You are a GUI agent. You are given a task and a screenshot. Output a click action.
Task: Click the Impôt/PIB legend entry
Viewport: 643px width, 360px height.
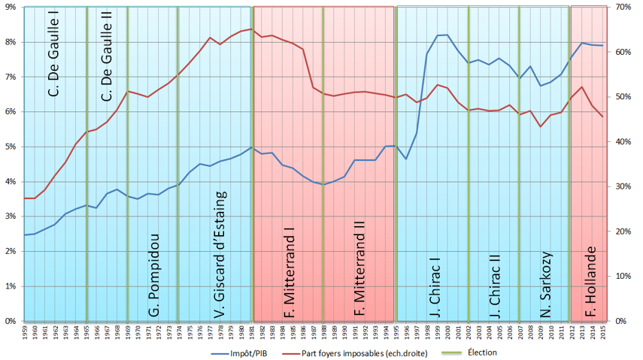240,352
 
